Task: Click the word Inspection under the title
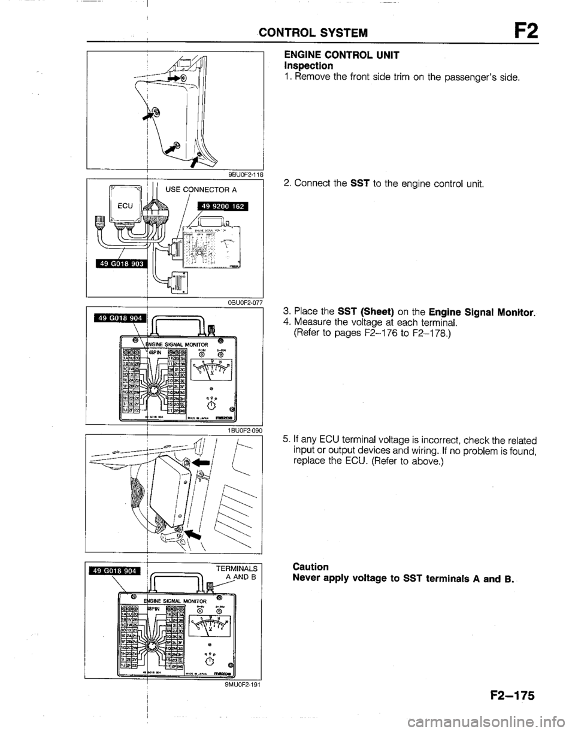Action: coord(309,63)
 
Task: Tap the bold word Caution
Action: coord(311,566)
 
